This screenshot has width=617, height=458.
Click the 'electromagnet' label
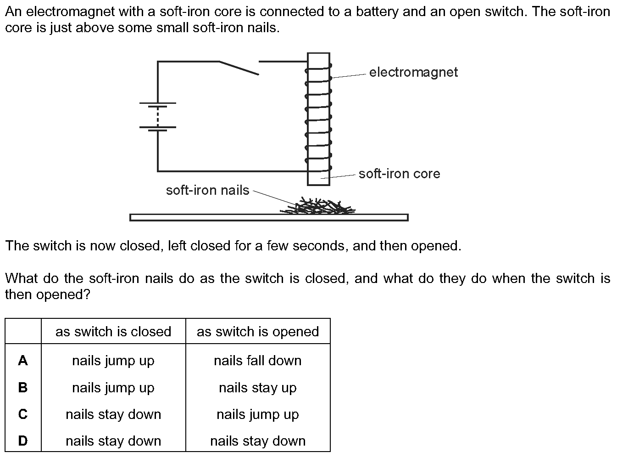(x=413, y=72)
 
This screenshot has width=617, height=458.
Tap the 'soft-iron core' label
(x=399, y=174)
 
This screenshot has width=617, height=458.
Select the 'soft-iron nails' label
(x=207, y=190)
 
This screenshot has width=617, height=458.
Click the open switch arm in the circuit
(x=239, y=68)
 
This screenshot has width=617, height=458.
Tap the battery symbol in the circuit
(x=158, y=116)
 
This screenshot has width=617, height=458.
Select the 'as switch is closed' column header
(x=113, y=332)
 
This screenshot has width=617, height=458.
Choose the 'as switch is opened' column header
(x=257, y=332)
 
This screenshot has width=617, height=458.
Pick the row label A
(x=23, y=361)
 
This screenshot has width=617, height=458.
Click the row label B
(x=23, y=388)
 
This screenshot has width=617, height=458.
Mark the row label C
(x=23, y=414)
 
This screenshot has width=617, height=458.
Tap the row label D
(x=23, y=441)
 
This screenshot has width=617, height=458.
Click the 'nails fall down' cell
(x=257, y=361)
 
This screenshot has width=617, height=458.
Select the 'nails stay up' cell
(x=257, y=388)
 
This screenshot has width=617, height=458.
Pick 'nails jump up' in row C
(x=257, y=414)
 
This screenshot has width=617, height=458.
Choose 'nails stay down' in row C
(x=113, y=414)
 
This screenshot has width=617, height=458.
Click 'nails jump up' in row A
(x=113, y=361)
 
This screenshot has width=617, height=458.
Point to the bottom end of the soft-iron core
(x=318, y=183)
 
